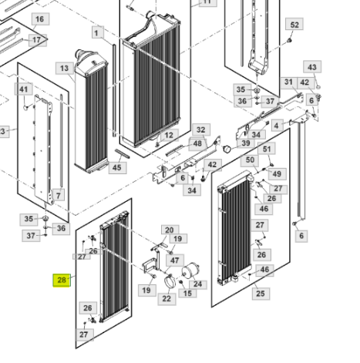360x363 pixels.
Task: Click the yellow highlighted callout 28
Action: pyautogui.click(x=62, y=281)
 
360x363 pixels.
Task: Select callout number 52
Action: pyautogui.click(x=294, y=25)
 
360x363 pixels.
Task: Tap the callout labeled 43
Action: pyautogui.click(x=312, y=67)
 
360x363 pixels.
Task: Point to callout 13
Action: pyautogui.click(x=64, y=69)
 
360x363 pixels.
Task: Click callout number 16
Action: pyautogui.click(x=39, y=19)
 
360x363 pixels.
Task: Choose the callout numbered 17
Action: pyautogui.click(x=37, y=40)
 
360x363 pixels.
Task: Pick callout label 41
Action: pyautogui.click(x=24, y=89)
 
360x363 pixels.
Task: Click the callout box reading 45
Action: pyautogui.click(x=117, y=167)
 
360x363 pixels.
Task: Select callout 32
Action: pyautogui.click(x=201, y=130)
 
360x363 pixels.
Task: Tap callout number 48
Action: pyautogui.click(x=197, y=143)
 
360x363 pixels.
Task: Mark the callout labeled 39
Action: pyautogui.click(x=246, y=143)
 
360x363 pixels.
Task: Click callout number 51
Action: pyautogui.click(x=267, y=149)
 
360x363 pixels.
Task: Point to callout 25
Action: pyautogui.click(x=261, y=294)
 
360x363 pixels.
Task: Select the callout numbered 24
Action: pyautogui.click(x=197, y=284)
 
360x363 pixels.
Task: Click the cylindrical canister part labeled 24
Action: pyautogui.click(x=190, y=271)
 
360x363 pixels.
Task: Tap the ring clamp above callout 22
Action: pyautogui.click(x=170, y=281)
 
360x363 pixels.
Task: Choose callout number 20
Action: pyautogui.click(x=170, y=230)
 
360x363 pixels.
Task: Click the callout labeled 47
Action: pyautogui.click(x=175, y=260)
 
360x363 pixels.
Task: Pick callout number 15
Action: pyautogui.click(x=187, y=293)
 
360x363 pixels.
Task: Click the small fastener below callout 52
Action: pyautogui.click(x=289, y=40)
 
